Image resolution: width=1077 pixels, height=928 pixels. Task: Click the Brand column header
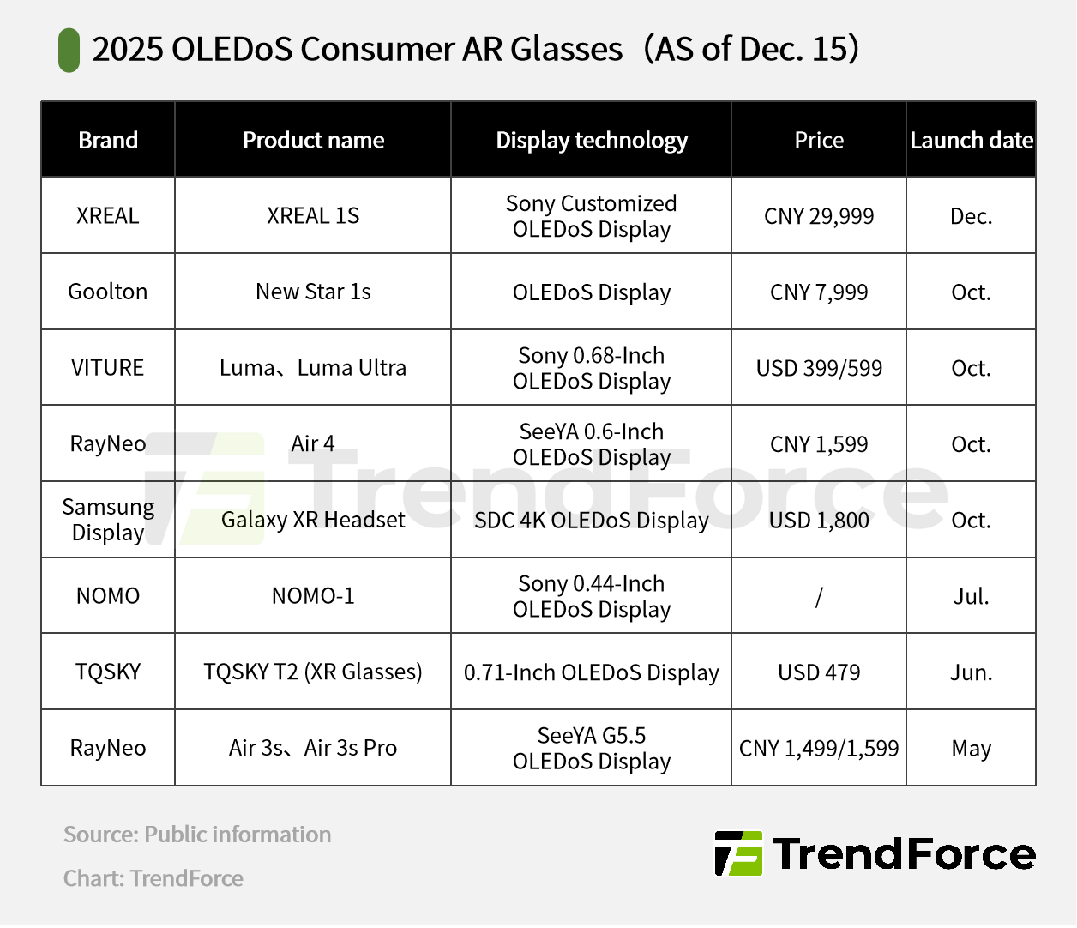tap(108, 140)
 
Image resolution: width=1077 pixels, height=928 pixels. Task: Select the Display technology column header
tap(592, 141)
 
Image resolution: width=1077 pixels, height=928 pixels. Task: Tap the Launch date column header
tap(972, 140)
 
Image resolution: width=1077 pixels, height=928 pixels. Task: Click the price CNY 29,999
tap(819, 216)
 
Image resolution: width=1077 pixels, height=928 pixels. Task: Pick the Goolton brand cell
tap(108, 292)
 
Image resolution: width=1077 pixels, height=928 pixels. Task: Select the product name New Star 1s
tap(313, 292)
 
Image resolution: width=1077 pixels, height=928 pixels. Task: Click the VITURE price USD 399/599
tap(819, 368)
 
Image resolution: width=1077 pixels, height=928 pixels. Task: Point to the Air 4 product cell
tap(313, 444)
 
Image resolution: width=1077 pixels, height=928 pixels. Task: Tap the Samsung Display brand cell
tap(108, 520)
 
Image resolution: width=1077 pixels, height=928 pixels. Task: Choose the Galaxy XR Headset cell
tap(313, 520)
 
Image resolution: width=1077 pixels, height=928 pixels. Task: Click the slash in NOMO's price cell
tap(819, 596)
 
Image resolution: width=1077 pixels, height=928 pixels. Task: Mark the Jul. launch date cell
tap(972, 596)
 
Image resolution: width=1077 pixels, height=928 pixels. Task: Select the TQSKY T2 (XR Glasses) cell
tap(313, 672)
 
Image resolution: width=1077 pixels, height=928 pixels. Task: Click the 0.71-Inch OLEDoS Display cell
tap(592, 672)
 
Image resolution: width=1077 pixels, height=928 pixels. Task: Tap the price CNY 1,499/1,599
tap(819, 749)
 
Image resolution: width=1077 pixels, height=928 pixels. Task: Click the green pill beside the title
tap(69, 50)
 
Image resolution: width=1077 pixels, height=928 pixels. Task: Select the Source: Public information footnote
tap(197, 835)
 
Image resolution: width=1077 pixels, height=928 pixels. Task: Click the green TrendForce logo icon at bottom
tap(738, 853)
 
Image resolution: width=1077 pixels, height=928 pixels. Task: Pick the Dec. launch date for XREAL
tap(972, 216)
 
